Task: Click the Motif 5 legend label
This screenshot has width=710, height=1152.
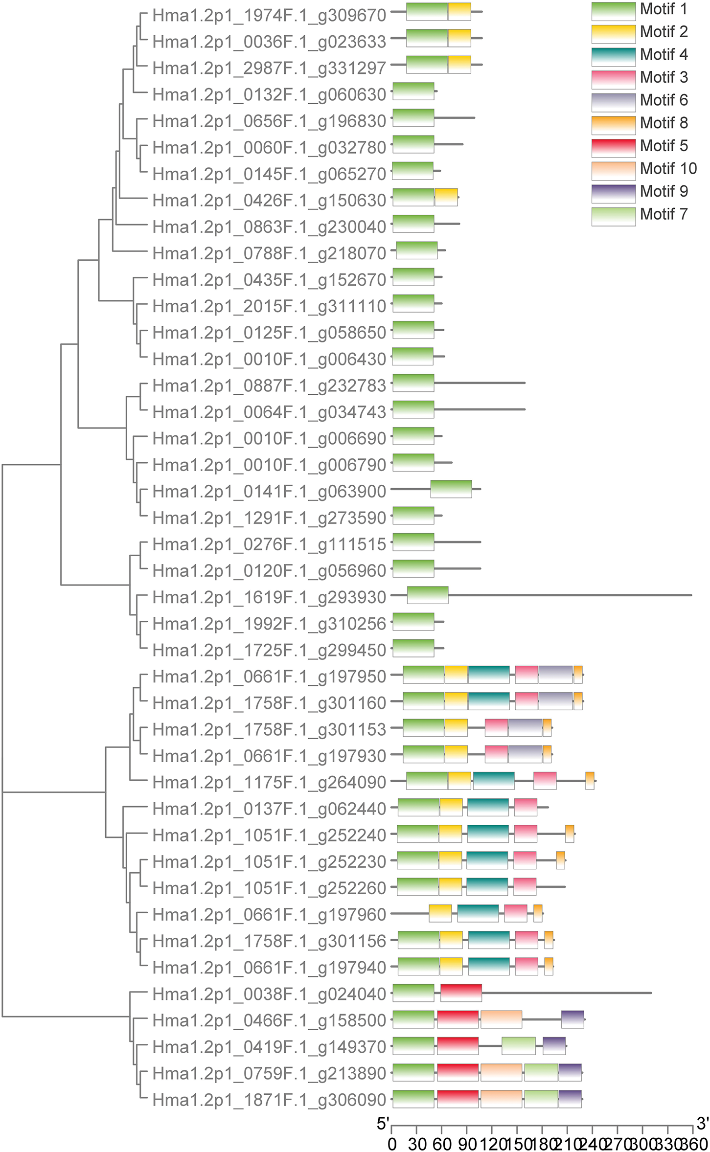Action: pyautogui.click(x=664, y=146)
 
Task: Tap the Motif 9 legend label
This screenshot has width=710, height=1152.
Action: pyautogui.click(x=664, y=191)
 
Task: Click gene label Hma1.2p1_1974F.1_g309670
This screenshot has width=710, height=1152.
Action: pyautogui.click(x=269, y=15)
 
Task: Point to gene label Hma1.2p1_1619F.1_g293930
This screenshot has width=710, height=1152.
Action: pyautogui.click(x=269, y=597)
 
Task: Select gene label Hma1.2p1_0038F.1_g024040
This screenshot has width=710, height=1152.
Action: pyautogui.click(x=269, y=994)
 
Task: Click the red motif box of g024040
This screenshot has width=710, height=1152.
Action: pyautogui.click(x=461, y=993)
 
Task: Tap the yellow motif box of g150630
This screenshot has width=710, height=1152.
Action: pyautogui.click(x=446, y=197)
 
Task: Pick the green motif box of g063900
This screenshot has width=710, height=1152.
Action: pyautogui.click(x=451, y=489)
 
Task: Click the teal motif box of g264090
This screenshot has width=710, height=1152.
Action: pyautogui.click(x=494, y=781)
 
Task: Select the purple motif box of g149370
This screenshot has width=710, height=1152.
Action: pyautogui.click(x=554, y=1046)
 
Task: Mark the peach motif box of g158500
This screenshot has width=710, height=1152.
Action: pyautogui.click(x=501, y=1019)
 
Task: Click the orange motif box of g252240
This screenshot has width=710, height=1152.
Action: pyautogui.click(x=570, y=834)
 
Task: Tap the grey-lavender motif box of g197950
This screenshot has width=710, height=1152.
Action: pyautogui.click(x=555, y=675)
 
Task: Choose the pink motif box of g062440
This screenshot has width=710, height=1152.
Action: pyautogui.click(x=526, y=807)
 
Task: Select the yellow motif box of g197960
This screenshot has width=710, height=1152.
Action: pyautogui.click(x=440, y=913)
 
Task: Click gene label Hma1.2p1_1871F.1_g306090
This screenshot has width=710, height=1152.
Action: pyautogui.click(x=269, y=1100)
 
